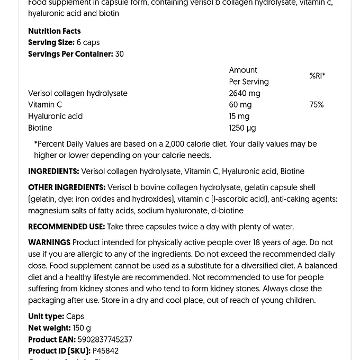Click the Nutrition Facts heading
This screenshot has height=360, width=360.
[54, 31]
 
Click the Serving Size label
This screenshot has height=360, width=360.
[51, 43]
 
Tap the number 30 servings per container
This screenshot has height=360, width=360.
[120, 54]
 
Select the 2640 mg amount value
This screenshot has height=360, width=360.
[244, 94]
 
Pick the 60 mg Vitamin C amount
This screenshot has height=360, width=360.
[240, 105]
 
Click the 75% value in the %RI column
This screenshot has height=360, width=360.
[316, 105]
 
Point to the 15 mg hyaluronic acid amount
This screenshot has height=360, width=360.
[239, 116]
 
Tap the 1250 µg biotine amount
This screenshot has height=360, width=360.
[242, 128]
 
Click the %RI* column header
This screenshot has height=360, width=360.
[317, 76]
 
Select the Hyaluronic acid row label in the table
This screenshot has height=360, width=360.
[55, 116]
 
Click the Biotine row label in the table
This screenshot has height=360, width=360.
[40, 128]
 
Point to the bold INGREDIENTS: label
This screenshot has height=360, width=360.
[53, 172]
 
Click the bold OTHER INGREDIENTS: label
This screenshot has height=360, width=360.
[67, 187]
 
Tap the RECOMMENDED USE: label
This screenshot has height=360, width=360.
[66, 227]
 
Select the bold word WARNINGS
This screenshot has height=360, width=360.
[49, 242]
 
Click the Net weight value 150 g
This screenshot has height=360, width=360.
[82, 328]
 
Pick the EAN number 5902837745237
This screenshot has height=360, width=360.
[105, 340]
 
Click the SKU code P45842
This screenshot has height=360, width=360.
[105, 351]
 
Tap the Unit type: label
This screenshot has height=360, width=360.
[46, 317]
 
